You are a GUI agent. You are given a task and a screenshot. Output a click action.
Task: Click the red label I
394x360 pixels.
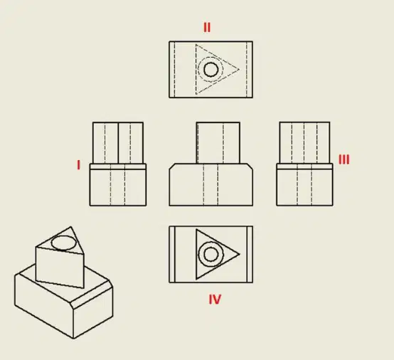pyautogui.click(x=79, y=165)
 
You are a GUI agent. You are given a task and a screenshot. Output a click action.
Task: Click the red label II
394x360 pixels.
pyautogui.click(x=207, y=28)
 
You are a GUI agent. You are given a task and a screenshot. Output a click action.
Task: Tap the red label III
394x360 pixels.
pyautogui.click(x=344, y=159)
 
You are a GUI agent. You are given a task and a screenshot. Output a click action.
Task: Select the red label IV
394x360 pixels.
pyautogui.click(x=215, y=300)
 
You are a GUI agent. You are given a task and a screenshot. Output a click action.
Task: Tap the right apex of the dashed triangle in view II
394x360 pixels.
pyautogui.click(x=239, y=70)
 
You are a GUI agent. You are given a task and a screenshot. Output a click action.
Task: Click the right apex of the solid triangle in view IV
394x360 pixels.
pyautogui.click(x=240, y=254)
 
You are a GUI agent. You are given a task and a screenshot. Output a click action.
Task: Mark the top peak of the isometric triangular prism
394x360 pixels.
pyautogui.click(x=71, y=227)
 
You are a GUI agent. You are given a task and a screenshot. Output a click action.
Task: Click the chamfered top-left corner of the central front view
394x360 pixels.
pyautogui.click(x=172, y=166)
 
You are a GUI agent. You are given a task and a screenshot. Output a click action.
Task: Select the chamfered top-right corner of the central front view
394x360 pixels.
pyautogui.click(x=250, y=166)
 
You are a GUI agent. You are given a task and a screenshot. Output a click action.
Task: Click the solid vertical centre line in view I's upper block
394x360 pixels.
pyautogui.click(x=118, y=143)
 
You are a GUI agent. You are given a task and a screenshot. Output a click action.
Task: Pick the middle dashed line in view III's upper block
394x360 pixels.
pyautogui.click(x=304, y=143)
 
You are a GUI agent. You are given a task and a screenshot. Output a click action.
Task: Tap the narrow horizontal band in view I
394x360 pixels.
pyautogui.click(x=118, y=166)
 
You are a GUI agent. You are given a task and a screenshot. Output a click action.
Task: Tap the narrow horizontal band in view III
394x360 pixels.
pyautogui.click(x=305, y=166)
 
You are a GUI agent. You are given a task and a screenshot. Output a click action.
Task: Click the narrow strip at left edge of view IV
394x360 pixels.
pyautogui.click(x=172, y=254)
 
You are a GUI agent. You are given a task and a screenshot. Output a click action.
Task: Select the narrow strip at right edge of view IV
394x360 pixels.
pyautogui.click(x=250, y=254)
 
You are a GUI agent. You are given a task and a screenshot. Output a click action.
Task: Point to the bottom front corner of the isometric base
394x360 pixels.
pyautogui.click(x=73, y=339)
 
